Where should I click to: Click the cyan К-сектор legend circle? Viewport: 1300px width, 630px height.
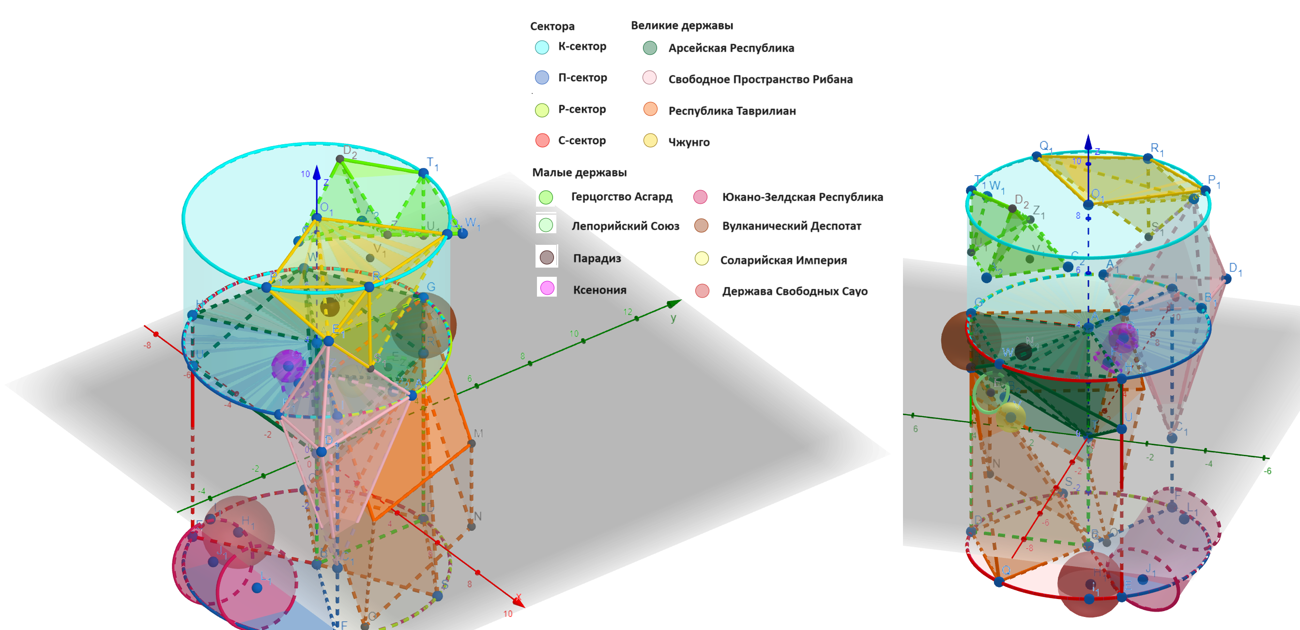(x=541, y=47)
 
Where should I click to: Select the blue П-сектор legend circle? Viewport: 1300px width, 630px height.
(x=541, y=78)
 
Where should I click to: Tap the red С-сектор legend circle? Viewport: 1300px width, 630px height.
(x=542, y=140)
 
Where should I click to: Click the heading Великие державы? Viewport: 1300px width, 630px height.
(x=682, y=25)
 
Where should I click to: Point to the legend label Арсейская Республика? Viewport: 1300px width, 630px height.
(x=731, y=48)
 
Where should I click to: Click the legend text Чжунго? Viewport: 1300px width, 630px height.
(x=688, y=142)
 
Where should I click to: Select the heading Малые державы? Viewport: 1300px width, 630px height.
(x=579, y=173)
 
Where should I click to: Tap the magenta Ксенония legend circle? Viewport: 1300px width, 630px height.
(x=547, y=288)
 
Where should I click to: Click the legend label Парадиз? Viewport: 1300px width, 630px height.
(x=596, y=258)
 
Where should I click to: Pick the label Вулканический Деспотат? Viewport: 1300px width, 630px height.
(x=791, y=226)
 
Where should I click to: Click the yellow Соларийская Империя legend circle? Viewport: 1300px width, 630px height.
(x=702, y=259)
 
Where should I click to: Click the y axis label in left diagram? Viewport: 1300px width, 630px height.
(x=673, y=318)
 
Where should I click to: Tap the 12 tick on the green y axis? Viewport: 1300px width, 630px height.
(x=627, y=312)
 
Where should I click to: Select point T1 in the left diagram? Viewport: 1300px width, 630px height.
(x=424, y=173)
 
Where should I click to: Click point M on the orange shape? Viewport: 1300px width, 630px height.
(x=472, y=443)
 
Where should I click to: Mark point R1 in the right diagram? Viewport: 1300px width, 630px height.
(x=1147, y=158)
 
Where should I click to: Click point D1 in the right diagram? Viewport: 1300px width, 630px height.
(x=1227, y=278)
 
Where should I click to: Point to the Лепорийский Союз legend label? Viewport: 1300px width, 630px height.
(x=625, y=226)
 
